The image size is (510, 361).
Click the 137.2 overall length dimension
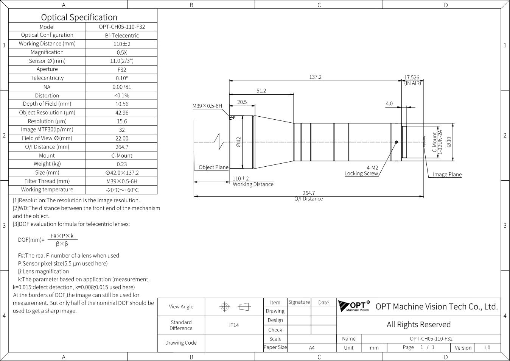point(315,77)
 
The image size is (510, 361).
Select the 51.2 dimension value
point(261,91)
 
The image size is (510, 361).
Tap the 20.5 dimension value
point(242,102)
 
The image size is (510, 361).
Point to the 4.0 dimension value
point(389,103)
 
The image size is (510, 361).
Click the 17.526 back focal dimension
point(412,78)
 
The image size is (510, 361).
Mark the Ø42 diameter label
point(238,142)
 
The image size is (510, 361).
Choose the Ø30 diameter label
point(449,142)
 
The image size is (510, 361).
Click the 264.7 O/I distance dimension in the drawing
point(309,193)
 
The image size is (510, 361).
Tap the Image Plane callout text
point(447,174)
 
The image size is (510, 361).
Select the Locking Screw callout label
point(361,173)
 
